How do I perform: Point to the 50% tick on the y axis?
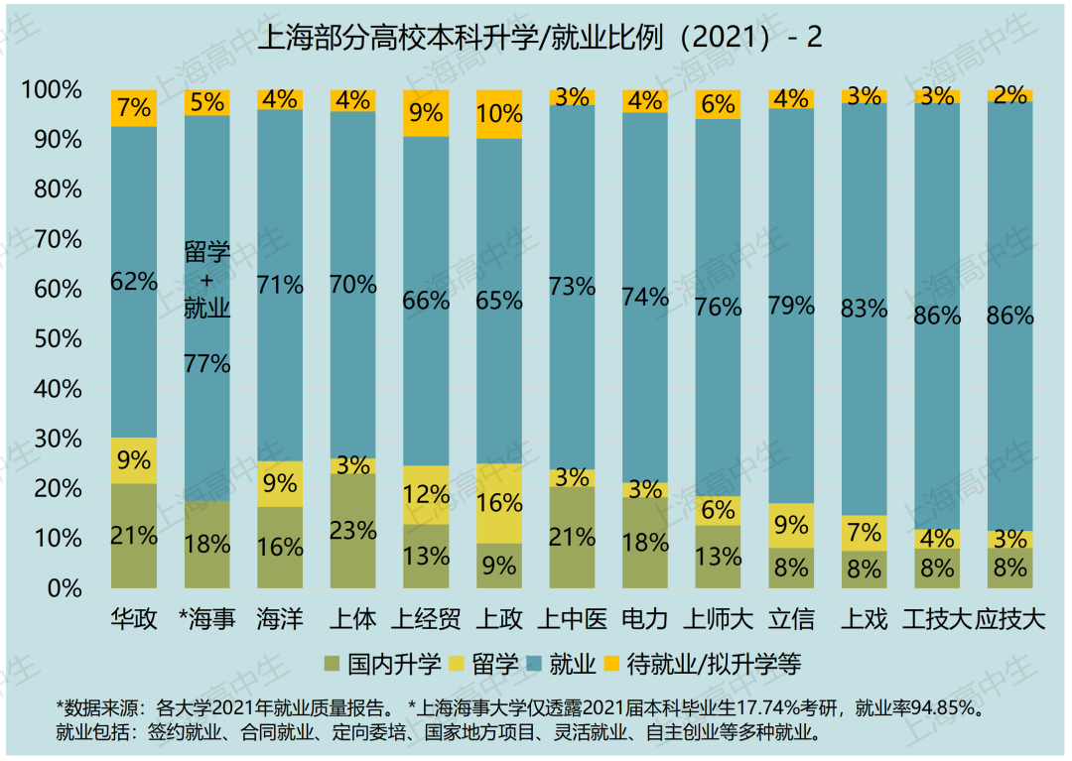(55, 339)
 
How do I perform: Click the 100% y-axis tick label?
(51, 90)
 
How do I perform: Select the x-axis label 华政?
(134, 620)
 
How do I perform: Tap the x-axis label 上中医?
(572, 620)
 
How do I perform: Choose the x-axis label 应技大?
(1010, 620)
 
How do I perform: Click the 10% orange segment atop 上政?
(499, 114)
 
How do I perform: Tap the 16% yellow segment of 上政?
(499, 503)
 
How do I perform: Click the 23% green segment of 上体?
(353, 531)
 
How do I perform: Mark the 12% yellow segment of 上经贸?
(426, 494)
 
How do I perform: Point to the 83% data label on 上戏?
(865, 309)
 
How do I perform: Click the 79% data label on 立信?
(791, 306)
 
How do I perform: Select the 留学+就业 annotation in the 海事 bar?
(207, 281)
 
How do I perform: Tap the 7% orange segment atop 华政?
(134, 108)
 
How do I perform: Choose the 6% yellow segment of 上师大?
(719, 510)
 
